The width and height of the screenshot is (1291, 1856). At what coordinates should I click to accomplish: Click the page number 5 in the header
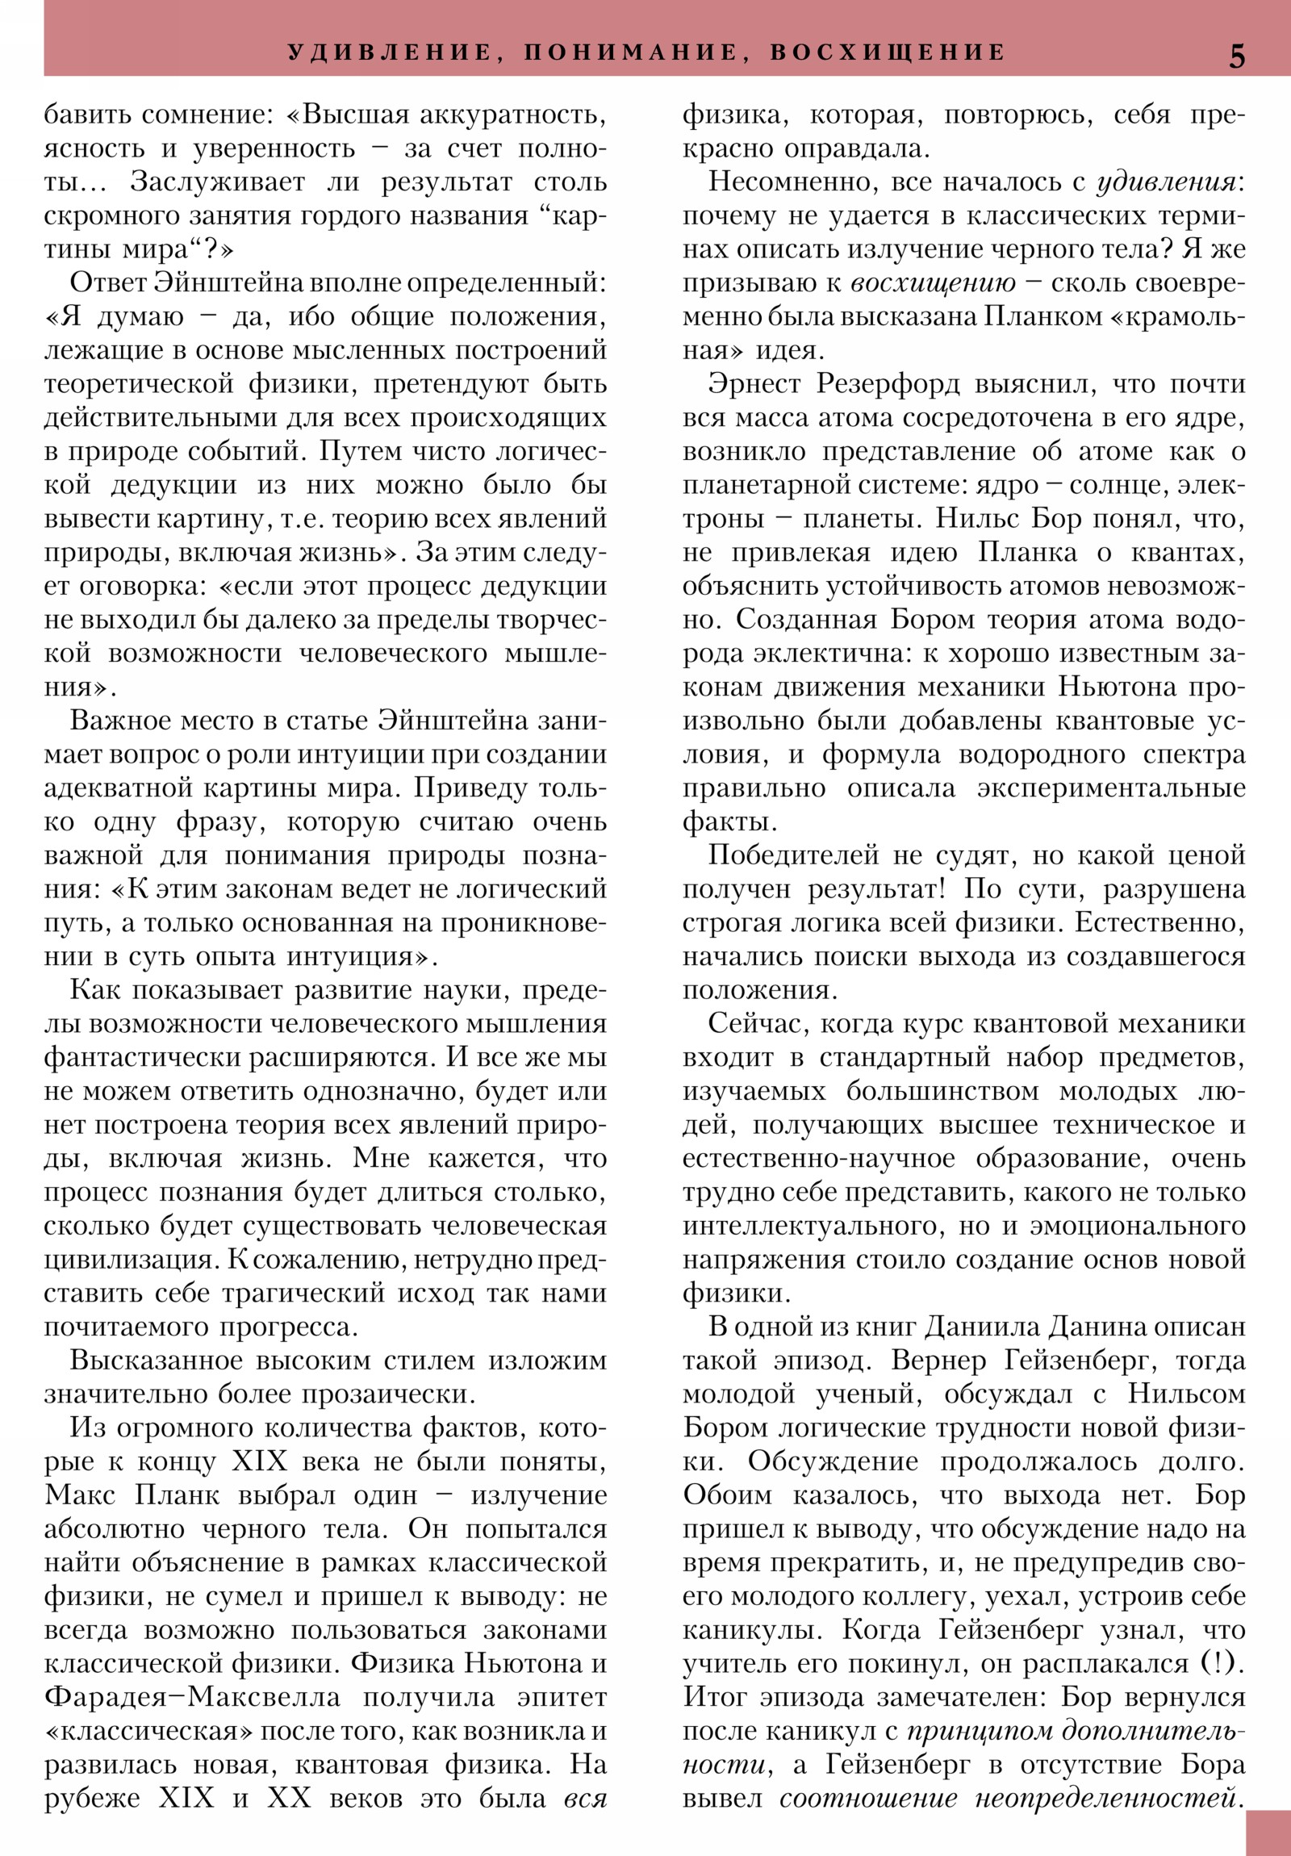1237,56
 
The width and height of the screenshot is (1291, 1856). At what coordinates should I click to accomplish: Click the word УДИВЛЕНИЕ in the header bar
391,52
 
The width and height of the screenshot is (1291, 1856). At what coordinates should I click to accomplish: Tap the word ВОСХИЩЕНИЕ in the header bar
888,52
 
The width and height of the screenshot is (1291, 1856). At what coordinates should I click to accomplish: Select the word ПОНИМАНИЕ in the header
631,52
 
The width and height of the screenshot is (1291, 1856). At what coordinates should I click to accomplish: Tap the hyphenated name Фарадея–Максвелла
192,1698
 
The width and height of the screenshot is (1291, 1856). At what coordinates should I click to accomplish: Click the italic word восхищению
934,284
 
